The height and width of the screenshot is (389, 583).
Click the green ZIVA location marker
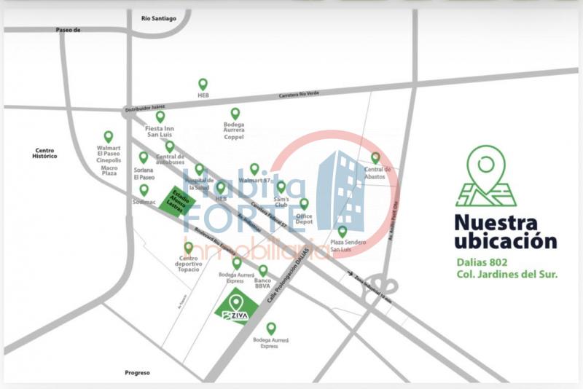tap(235, 307)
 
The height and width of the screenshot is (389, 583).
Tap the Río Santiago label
tap(159, 18)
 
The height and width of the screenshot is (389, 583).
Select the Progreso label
tap(137, 372)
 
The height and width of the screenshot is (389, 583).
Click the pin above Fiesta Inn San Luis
tap(160, 117)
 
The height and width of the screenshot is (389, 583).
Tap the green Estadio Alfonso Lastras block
tap(179, 203)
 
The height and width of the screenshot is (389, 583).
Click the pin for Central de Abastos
tap(375, 157)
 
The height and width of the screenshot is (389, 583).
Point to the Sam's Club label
tap(281, 202)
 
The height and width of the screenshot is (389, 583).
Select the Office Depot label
tap(304, 220)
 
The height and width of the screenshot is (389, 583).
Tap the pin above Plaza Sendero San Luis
tap(343, 232)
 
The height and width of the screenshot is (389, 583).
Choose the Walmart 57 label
tap(254, 179)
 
